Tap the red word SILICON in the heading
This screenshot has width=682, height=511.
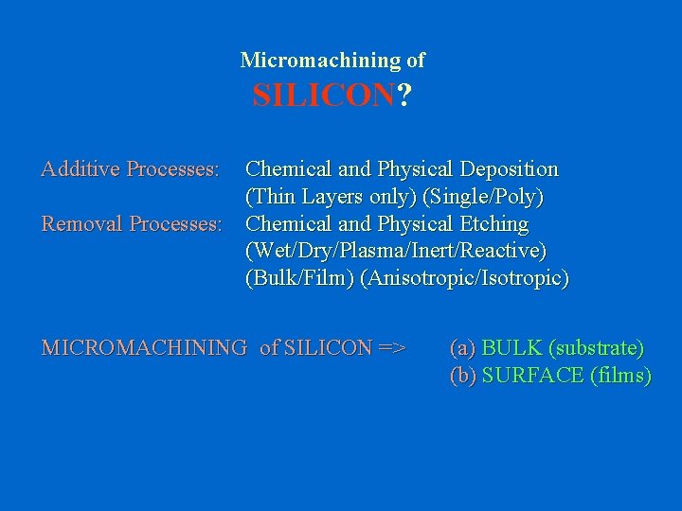click(x=322, y=96)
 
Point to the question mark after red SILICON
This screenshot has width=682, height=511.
click(x=404, y=96)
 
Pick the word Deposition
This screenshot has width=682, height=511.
click(x=509, y=169)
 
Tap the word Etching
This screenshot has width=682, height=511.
click(x=491, y=224)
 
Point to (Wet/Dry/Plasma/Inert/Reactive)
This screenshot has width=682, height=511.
click(x=396, y=252)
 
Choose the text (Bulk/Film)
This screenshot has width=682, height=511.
click(x=299, y=279)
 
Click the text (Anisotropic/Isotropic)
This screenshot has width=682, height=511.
click(x=464, y=279)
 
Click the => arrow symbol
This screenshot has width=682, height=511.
click(x=391, y=347)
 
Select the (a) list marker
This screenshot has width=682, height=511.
click(x=463, y=347)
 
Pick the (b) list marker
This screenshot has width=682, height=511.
click(x=463, y=375)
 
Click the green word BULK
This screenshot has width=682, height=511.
click(x=512, y=347)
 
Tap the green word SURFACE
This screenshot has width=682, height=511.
click(x=532, y=375)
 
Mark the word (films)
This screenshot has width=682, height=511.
click(x=620, y=375)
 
